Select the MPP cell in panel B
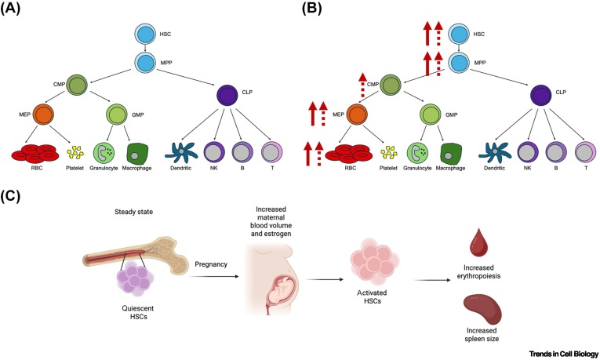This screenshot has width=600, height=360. [x=460, y=61]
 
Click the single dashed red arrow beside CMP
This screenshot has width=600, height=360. [x=362, y=85]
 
